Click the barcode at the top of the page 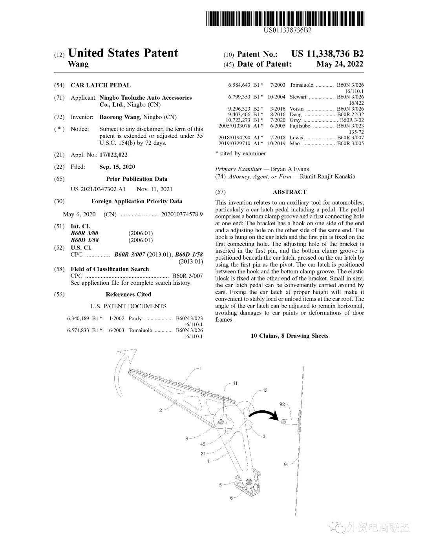click(x=285, y=19)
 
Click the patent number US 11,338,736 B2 click(x=327, y=54)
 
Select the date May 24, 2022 click(x=340, y=64)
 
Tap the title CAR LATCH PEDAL click(x=101, y=85)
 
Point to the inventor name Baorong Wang click(x=119, y=117)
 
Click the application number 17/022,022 click(x=113, y=155)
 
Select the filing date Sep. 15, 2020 click(x=117, y=167)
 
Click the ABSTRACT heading click(x=290, y=192)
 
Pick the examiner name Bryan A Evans click(x=290, y=169)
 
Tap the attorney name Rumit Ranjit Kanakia click(x=327, y=177)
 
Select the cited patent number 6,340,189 click(x=79, y=318)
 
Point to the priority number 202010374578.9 click(x=182, y=214)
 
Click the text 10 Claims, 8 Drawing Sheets click(x=290, y=336)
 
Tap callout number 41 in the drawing click(x=235, y=383)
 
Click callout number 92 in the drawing click(x=282, y=404)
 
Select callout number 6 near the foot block click(x=231, y=498)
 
